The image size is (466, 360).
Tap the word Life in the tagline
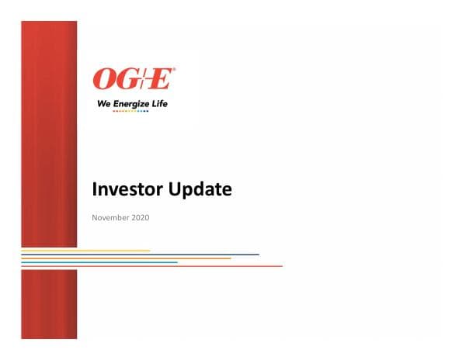159,102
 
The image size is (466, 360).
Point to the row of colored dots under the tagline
130,110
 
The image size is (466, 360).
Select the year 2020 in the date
140,217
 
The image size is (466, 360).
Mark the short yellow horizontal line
85,251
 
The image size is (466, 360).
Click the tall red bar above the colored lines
49,132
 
